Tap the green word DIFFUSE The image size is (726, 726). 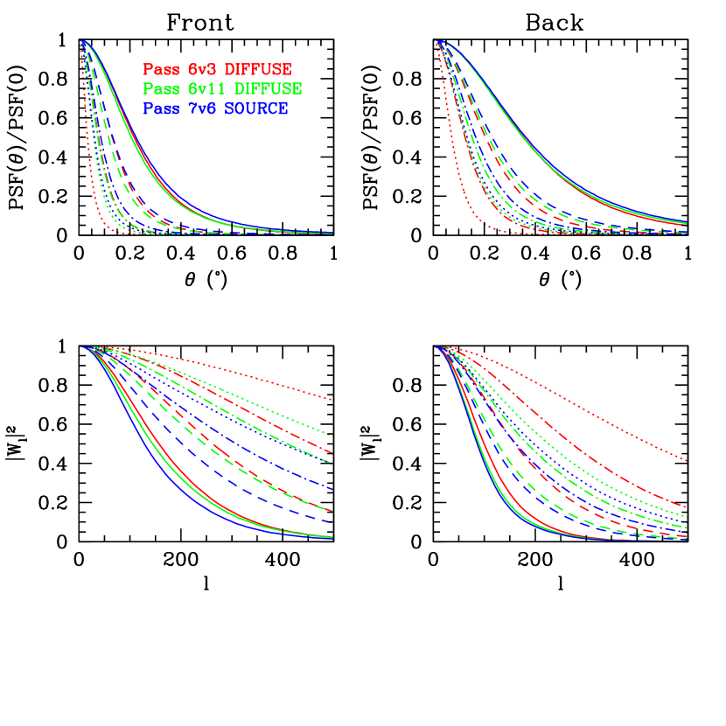point(269,88)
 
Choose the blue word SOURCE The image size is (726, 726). point(256,108)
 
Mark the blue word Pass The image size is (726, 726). point(160,108)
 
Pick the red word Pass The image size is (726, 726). point(160,68)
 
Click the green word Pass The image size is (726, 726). point(160,88)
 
